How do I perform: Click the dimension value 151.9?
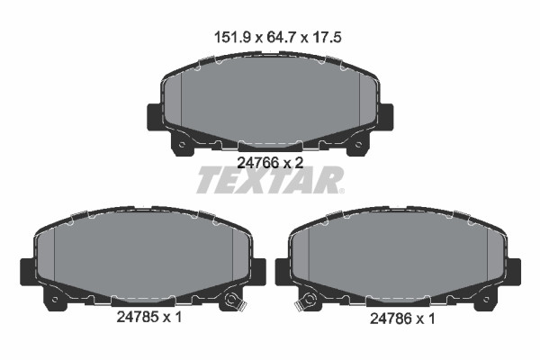[x=231, y=37]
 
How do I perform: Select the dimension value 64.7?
[x=281, y=37]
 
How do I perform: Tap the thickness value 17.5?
[x=327, y=37]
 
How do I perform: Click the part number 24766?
[x=258, y=162]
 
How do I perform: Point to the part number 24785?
[x=138, y=317]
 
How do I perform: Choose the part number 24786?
[x=391, y=319]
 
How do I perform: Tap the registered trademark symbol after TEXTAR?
[x=341, y=191]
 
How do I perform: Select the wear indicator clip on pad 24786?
[x=306, y=301]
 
